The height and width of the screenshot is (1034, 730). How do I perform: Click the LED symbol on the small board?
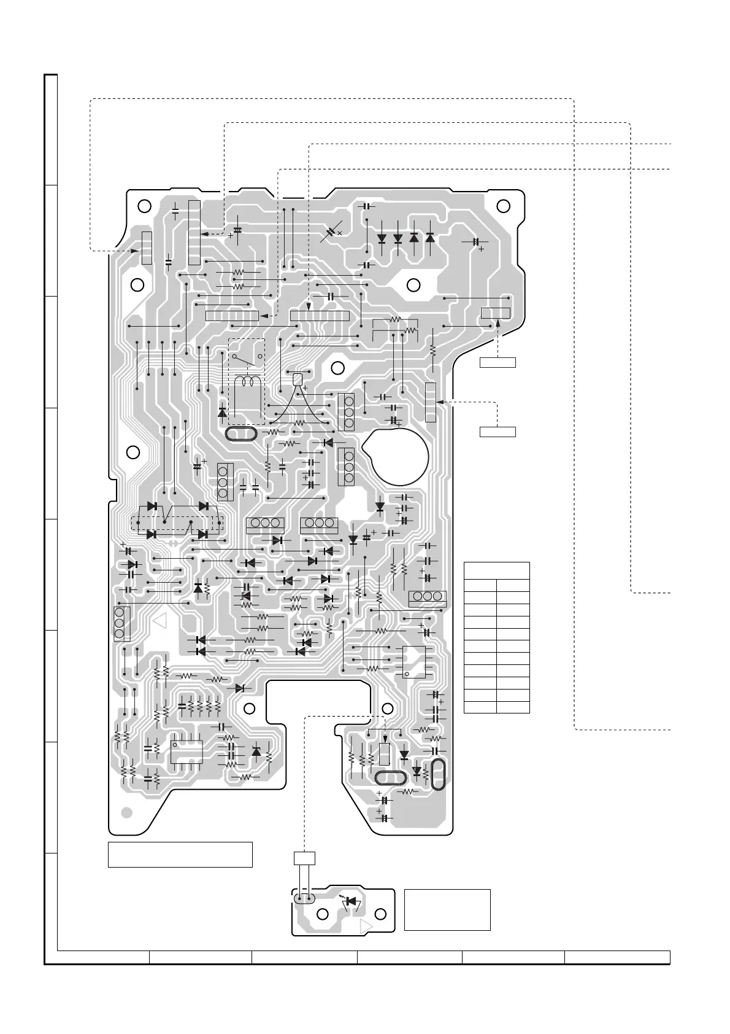352,901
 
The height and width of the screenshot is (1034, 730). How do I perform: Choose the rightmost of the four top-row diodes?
429,238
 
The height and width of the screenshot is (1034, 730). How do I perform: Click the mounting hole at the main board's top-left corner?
143,206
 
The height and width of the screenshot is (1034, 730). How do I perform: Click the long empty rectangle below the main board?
180,854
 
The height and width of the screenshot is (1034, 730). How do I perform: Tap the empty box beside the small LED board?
447,909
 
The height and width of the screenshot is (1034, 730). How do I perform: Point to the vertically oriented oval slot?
438,775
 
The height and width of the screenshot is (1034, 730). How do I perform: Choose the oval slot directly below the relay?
241,434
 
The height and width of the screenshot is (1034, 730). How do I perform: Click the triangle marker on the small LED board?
367,925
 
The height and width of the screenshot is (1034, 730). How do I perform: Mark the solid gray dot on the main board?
126,812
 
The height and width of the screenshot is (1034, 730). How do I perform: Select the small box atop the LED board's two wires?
304,858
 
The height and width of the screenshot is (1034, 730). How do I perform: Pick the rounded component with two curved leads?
298,379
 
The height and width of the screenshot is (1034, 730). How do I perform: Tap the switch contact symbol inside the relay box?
247,358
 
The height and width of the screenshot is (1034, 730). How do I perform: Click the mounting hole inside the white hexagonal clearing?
413,285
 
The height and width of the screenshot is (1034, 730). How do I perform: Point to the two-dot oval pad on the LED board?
304,898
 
